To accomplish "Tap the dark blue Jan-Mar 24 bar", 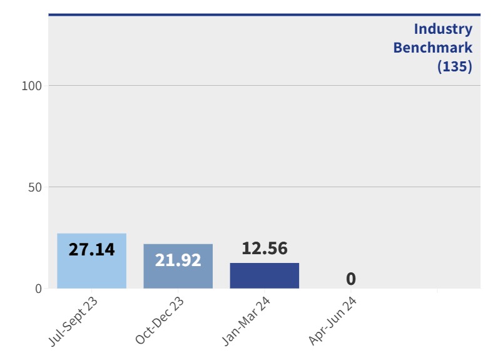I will click(264, 276).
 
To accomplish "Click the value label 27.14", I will click(91, 249).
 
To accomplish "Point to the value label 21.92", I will click(178, 260).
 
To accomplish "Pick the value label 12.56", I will click(264, 249).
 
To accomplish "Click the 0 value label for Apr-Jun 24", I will click(351, 279).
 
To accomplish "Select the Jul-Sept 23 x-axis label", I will click(73, 321).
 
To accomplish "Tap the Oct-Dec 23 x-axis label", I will click(160, 321).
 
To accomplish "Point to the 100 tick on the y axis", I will click(31, 86).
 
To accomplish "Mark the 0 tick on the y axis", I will click(38, 289).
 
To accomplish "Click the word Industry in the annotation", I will click(443, 29).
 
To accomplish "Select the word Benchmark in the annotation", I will click(432, 48).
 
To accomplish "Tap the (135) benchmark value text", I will click(454, 66).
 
